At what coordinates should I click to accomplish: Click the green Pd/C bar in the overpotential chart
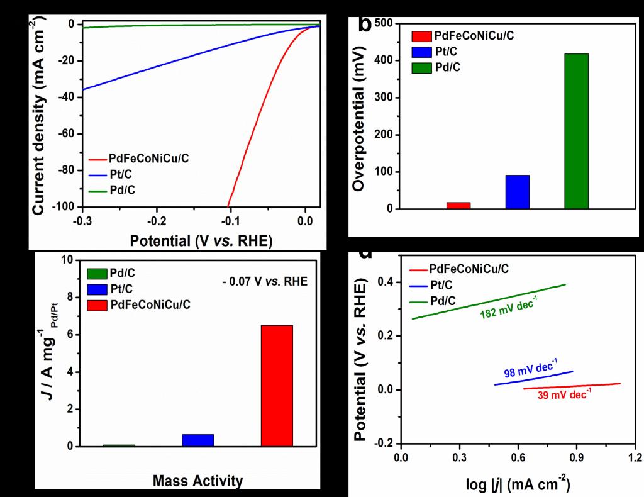click(576, 131)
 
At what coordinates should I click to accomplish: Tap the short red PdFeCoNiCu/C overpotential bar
click(458, 205)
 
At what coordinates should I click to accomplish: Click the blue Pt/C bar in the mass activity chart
click(197, 440)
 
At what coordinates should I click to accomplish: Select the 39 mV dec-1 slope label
click(564, 395)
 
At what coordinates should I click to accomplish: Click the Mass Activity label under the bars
click(197, 481)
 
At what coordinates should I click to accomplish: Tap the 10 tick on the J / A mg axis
click(65, 260)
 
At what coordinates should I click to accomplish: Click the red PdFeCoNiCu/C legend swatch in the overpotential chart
click(421, 36)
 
